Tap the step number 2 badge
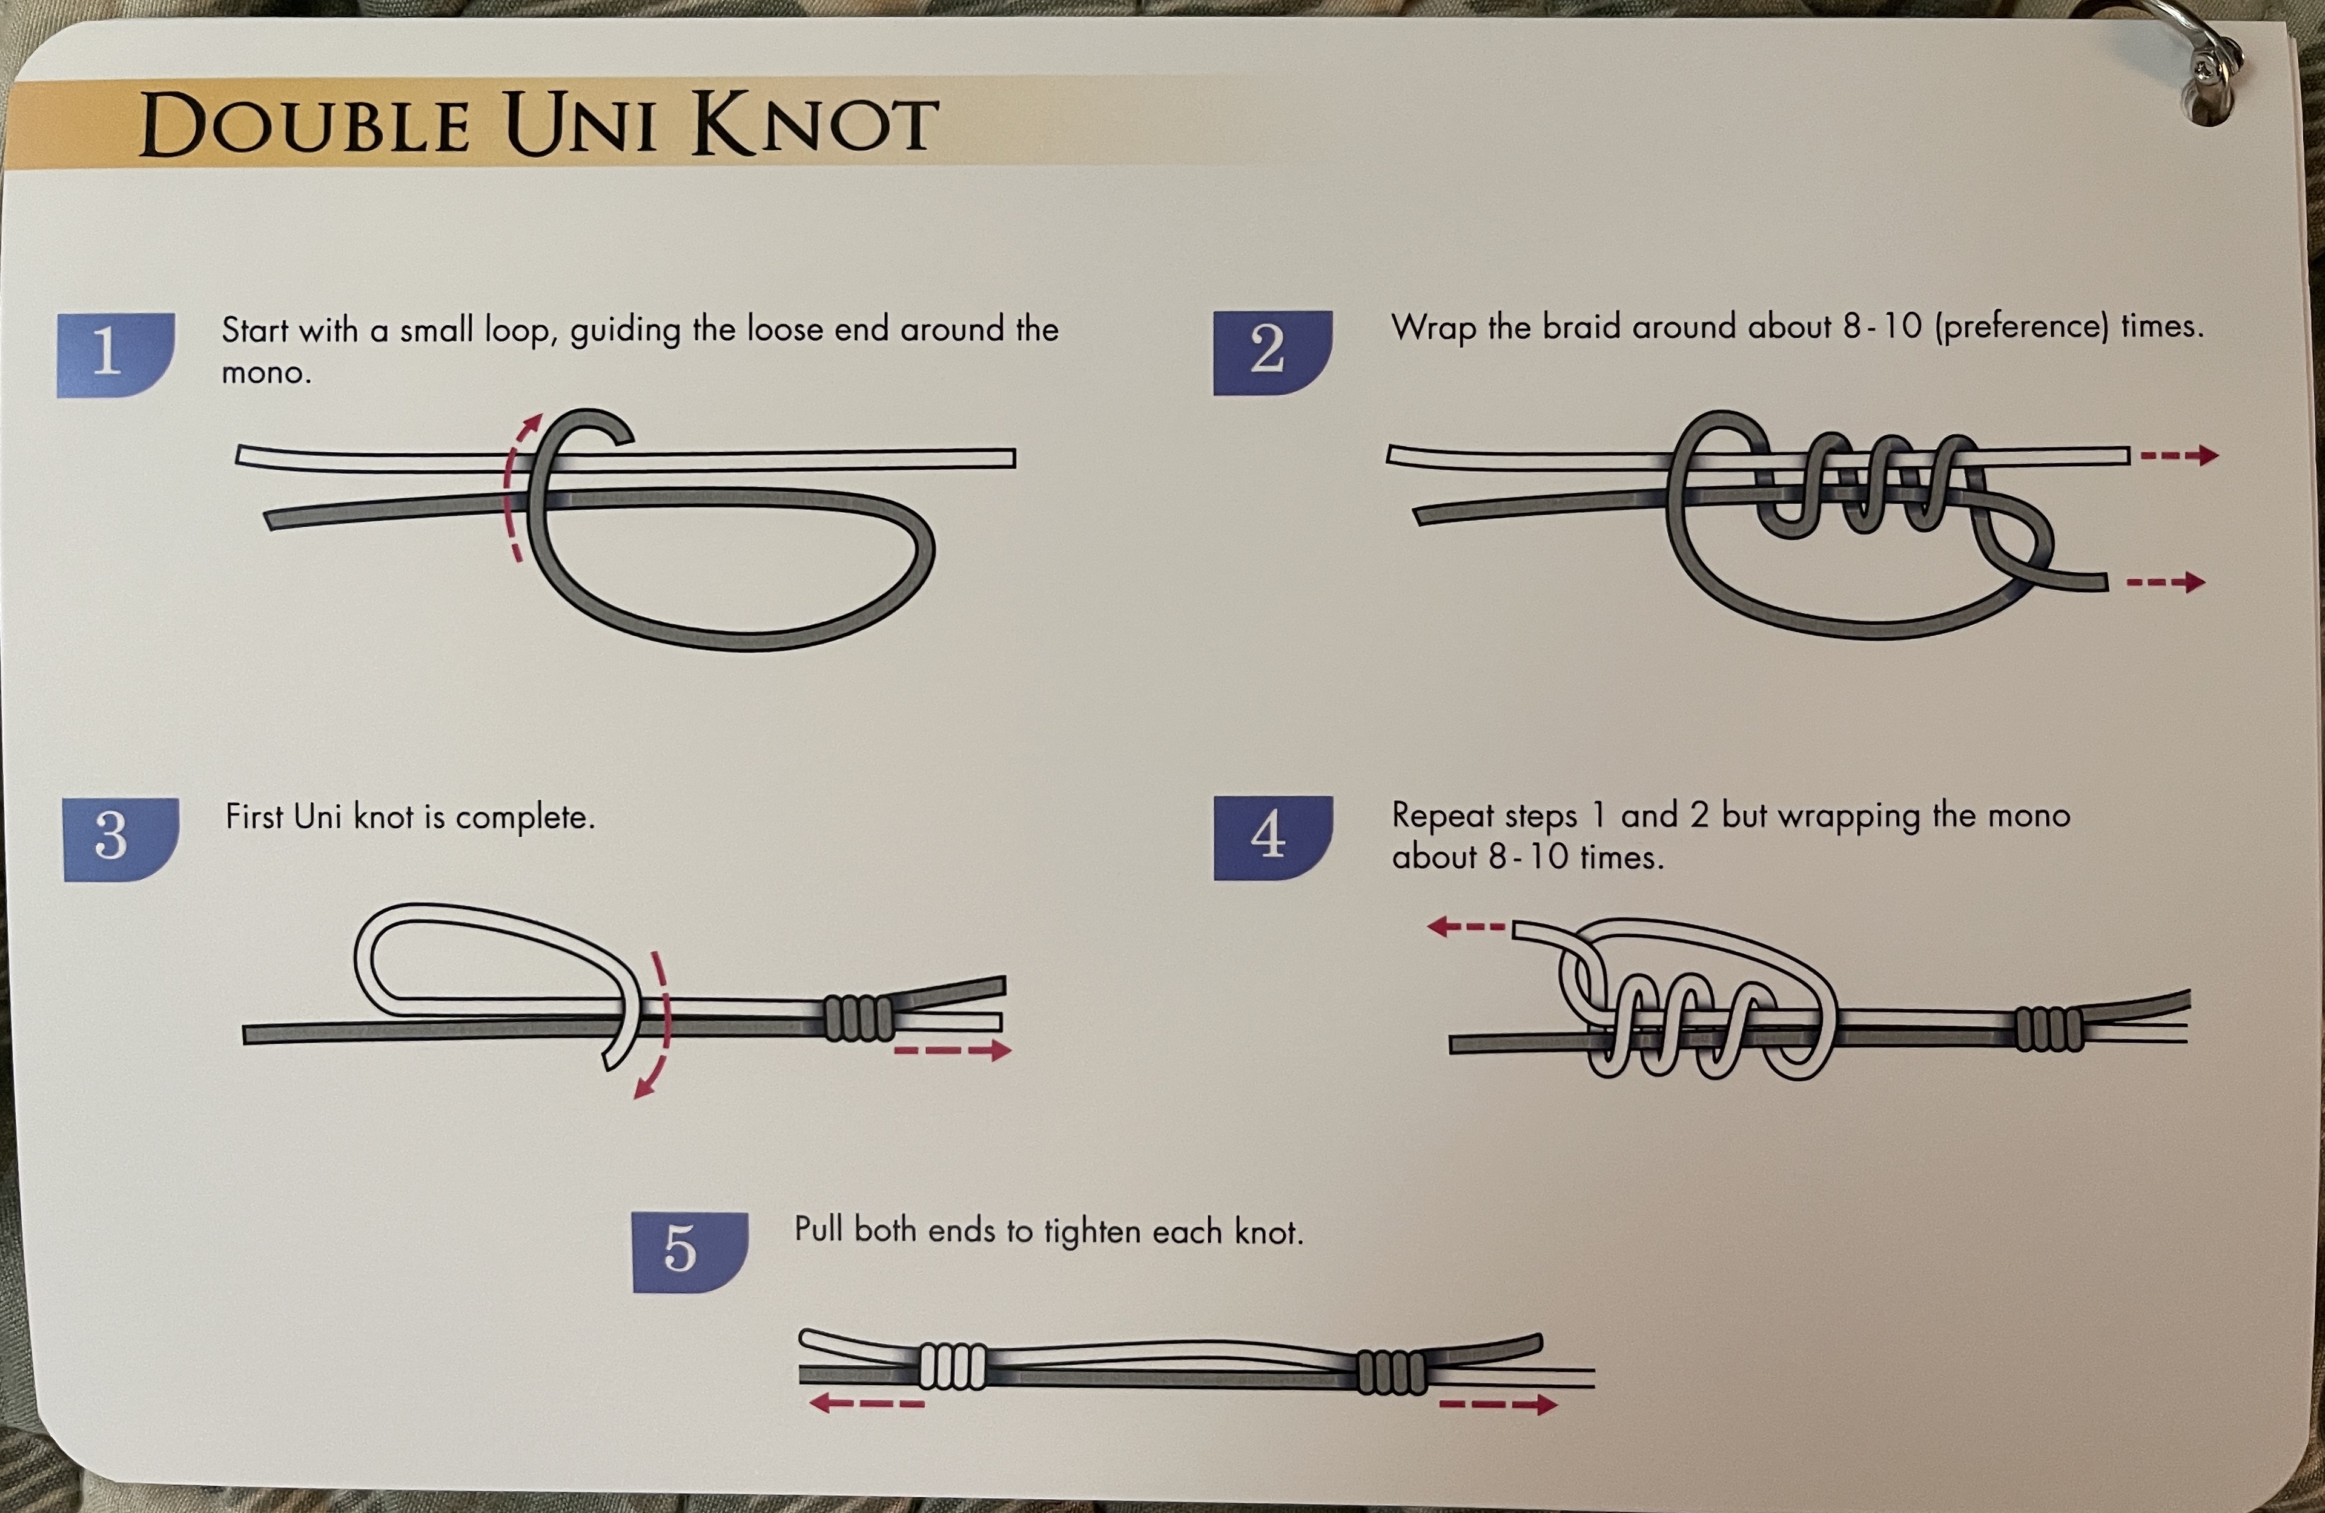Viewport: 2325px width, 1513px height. pos(1272,352)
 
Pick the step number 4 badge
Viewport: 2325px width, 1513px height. pos(1272,837)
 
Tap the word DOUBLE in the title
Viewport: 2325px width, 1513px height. pos(305,127)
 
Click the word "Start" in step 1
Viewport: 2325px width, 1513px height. pos(254,330)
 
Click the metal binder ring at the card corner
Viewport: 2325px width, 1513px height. pos(2210,59)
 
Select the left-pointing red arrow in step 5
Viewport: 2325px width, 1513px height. pos(865,1403)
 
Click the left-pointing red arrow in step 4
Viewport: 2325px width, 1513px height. pos(1466,926)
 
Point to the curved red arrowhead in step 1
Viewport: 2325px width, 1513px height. pos(532,425)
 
